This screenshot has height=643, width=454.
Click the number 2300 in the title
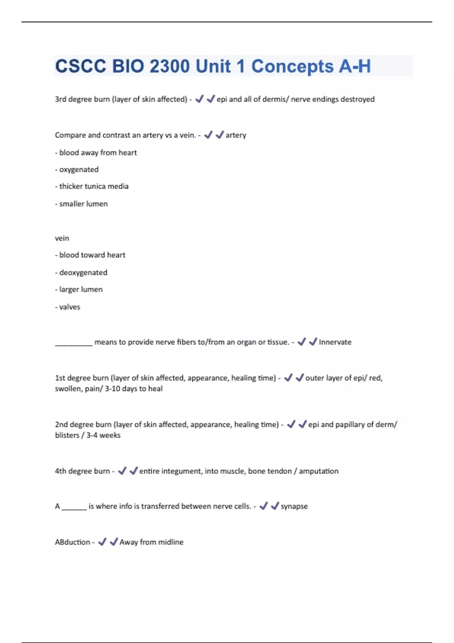coord(169,66)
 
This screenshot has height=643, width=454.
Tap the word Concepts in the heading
coord(292,66)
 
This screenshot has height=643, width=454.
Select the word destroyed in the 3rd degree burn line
coord(357,99)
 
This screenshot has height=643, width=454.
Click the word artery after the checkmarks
coord(236,135)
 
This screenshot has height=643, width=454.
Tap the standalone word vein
coord(62,238)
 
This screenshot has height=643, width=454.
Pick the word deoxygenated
coord(83,273)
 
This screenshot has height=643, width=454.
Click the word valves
coord(70,307)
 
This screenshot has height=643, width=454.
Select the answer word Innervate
coord(335,342)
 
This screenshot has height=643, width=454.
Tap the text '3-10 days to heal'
coord(134,388)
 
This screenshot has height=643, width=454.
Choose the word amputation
coord(319,471)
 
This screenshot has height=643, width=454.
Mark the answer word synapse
coord(294,506)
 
